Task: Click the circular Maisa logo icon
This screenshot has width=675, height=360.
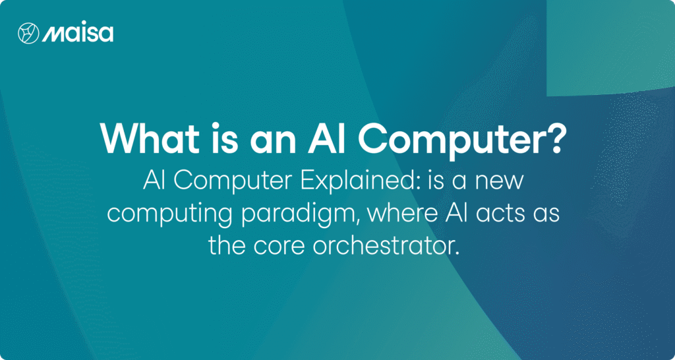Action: [x=28, y=33]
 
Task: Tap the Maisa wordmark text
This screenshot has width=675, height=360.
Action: [x=78, y=34]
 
